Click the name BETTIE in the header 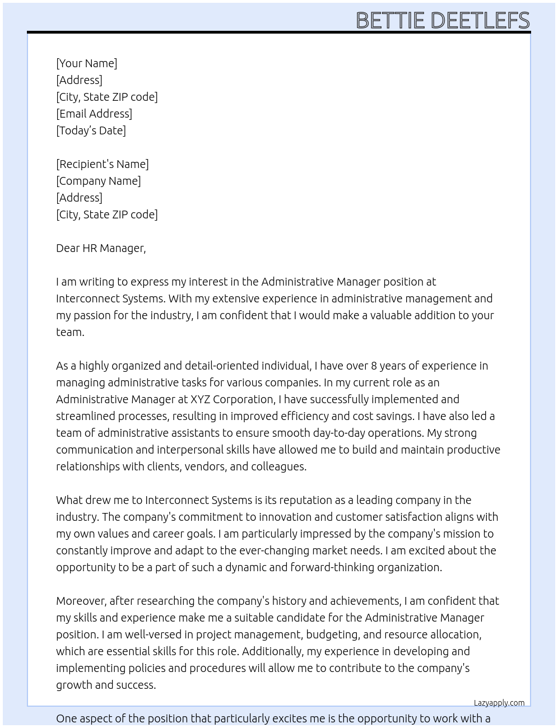pyautogui.click(x=390, y=21)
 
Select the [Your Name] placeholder pyautogui.click(x=87, y=63)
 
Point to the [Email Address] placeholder pyautogui.click(x=94, y=114)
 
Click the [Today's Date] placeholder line pyautogui.click(x=91, y=130)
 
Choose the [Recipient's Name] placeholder pyautogui.click(x=103, y=164)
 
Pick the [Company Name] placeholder pyautogui.click(x=99, y=181)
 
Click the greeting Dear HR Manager pyautogui.click(x=101, y=248)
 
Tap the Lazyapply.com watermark pyautogui.click(x=499, y=703)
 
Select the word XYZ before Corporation pyautogui.click(x=201, y=399)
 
